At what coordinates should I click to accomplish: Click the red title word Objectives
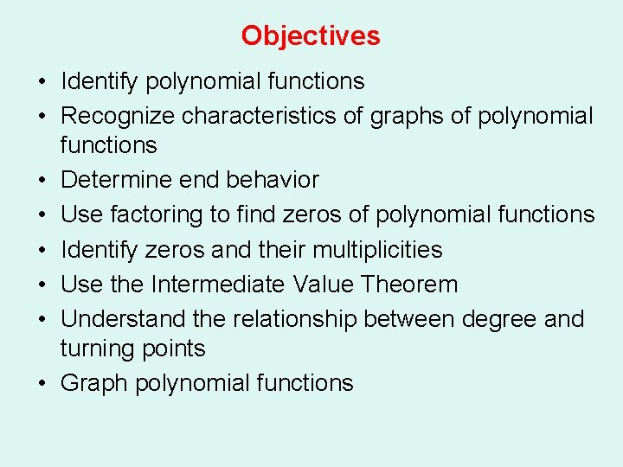point(311,35)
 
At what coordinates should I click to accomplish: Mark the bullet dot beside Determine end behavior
point(42,181)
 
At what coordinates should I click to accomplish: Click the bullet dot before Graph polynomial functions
point(42,384)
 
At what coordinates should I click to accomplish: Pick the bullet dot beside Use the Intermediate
point(42,285)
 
